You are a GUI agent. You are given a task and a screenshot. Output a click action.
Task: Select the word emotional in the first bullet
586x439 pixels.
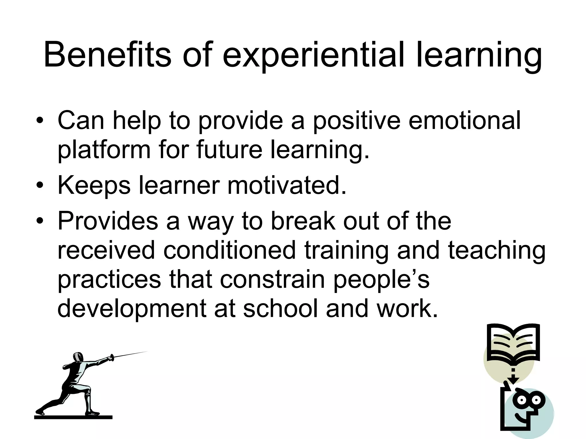coord(464,120)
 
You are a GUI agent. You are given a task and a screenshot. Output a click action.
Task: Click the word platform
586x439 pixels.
coord(104,150)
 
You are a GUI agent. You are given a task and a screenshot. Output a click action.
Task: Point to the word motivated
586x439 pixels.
coord(287,185)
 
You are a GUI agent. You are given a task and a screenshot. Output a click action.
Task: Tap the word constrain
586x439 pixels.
coord(272,279)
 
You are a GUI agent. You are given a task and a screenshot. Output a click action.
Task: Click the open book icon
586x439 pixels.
coord(513,343)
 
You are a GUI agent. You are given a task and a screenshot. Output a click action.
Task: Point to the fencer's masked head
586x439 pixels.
coord(78,357)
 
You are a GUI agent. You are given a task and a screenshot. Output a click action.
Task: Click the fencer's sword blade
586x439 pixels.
coord(130,354)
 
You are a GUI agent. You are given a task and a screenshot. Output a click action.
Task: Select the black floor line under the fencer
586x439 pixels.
coord(73,417)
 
